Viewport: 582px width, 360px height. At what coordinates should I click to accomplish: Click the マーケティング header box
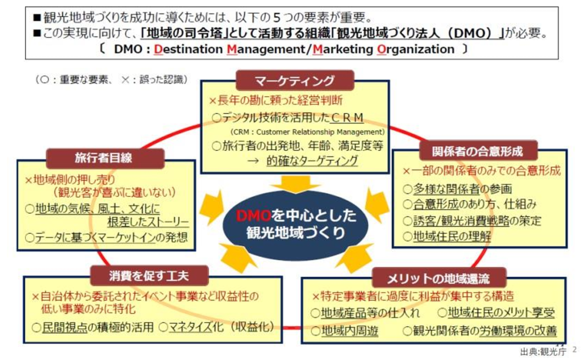[294, 80]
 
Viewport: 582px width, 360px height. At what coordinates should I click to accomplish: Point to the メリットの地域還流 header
[439, 278]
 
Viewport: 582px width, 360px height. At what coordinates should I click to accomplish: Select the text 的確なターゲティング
[312, 161]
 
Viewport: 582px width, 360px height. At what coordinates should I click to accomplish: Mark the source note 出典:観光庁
[540, 351]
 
